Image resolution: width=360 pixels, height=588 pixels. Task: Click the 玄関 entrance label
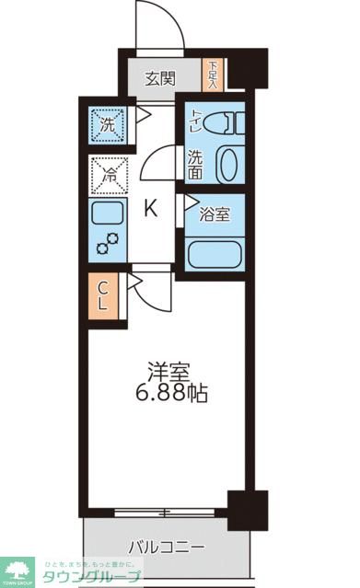point(160,79)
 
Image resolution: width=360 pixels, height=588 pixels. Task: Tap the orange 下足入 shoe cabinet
point(213,75)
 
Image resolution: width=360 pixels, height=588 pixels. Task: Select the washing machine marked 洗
point(107,124)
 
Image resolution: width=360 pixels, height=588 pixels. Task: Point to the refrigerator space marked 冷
point(107,172)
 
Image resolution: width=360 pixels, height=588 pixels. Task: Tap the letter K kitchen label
point(150,210)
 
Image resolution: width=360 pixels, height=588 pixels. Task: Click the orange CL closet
point(105,296)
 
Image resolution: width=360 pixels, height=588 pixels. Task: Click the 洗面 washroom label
point(197,163)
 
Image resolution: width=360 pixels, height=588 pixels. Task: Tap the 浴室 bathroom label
point(216,214)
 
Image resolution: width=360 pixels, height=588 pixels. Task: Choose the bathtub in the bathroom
point(215,252)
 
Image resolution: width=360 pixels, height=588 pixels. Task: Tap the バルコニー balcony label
point(166,548)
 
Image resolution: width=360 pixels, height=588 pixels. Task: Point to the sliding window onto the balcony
point(165,511)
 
